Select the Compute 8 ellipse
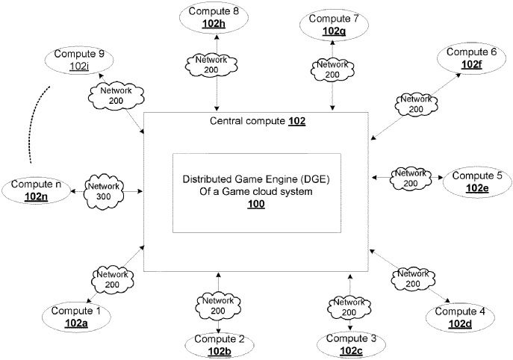(215, 19)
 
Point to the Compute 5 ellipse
(477, 181)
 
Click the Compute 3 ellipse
(352, 344)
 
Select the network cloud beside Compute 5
(411, 178)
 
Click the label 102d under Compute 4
(460, 323)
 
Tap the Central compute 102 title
(258, 121)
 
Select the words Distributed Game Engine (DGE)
(257, 180)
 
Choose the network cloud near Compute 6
(415, 103)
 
